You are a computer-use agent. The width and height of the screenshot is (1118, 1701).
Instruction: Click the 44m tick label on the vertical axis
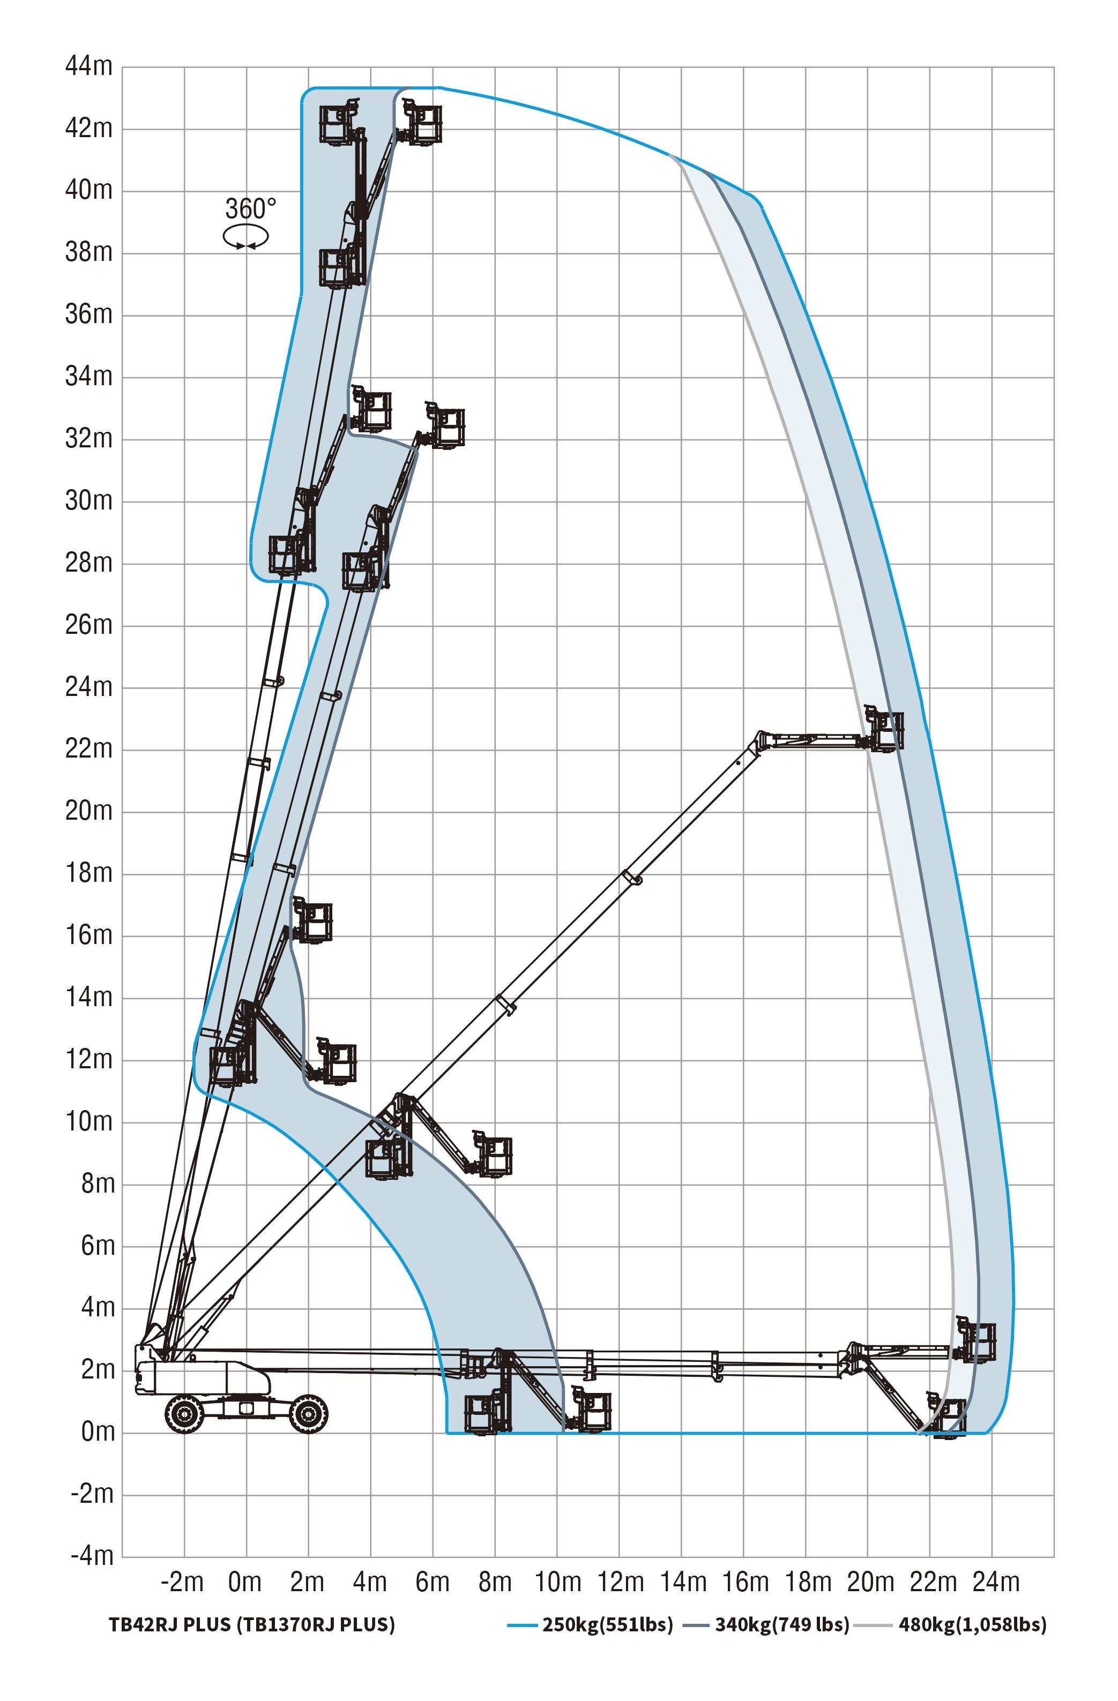click(90, 66)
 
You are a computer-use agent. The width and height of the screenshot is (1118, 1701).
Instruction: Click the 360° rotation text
click(250, 209)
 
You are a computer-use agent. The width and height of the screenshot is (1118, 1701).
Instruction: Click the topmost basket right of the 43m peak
click(420, 122)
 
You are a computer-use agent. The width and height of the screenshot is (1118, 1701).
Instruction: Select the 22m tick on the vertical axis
click(90, 749)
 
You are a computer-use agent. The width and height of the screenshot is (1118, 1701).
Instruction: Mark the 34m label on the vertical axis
click(90, 377)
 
